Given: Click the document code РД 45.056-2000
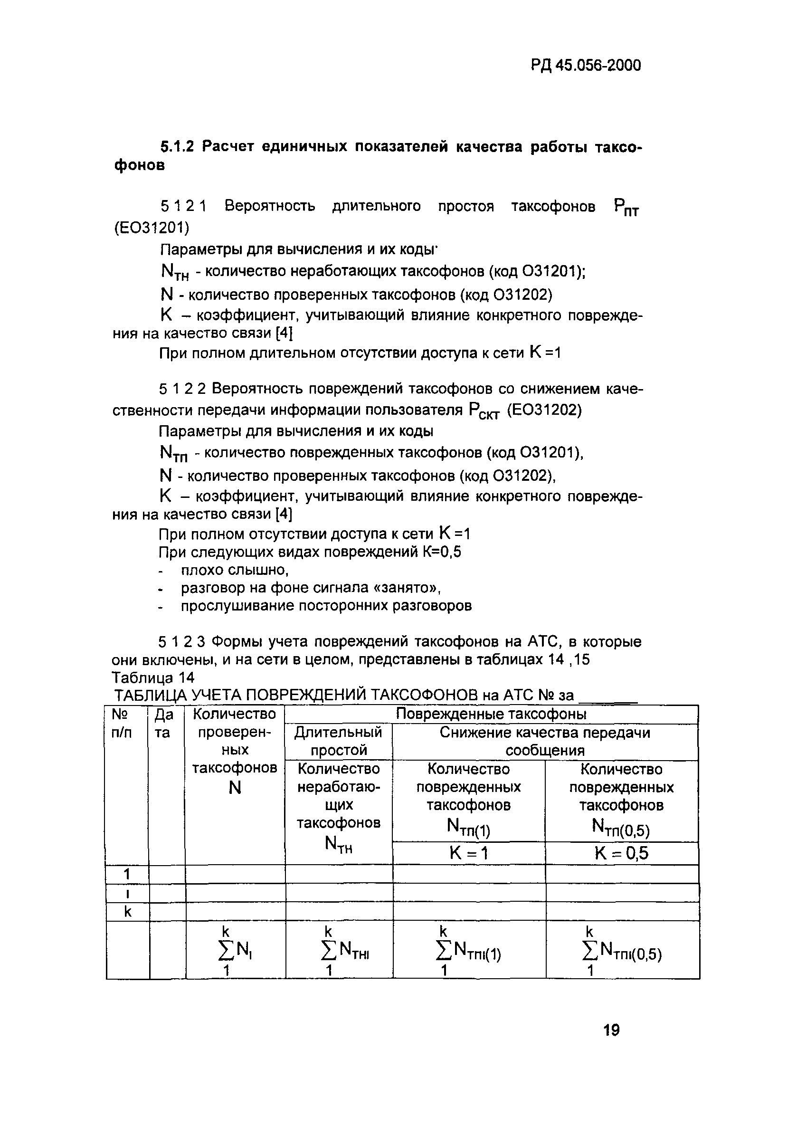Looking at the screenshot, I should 586,65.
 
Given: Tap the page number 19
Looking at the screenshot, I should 611,1030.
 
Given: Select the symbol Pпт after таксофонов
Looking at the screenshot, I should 626,208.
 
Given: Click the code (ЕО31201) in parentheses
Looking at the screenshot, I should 151,228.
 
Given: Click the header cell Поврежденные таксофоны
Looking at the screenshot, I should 491,714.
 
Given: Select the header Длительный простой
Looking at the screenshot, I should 339,741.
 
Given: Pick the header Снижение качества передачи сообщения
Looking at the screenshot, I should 544,741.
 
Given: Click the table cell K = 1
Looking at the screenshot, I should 468,853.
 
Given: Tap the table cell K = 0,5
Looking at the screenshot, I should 621,853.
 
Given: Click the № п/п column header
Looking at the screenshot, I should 122,723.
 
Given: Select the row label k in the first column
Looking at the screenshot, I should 127,911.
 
